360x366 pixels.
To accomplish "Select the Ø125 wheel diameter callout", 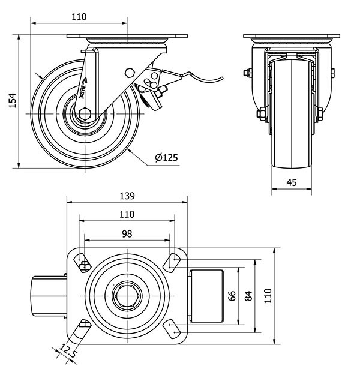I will (166, 158).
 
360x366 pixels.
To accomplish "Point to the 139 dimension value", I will (127, 196).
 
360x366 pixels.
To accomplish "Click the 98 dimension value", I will (127, 233).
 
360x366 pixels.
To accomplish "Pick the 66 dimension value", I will (230, 295).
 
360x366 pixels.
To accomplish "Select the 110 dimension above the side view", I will (79, 17).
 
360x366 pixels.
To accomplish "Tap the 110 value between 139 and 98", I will (127, 214).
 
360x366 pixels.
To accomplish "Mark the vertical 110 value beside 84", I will (268, 295).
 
